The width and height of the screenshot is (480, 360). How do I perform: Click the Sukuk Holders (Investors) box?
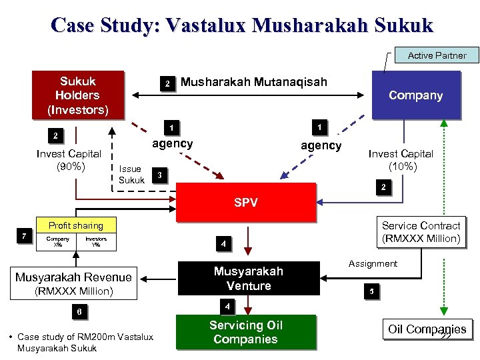tap(77, 95)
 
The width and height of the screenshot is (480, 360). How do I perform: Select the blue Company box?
tap(415, 95)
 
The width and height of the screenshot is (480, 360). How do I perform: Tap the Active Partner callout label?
tap(437, 55)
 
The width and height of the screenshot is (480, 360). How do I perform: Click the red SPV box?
tap(245, 203)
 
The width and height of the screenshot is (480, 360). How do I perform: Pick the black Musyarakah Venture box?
tap(248, 279)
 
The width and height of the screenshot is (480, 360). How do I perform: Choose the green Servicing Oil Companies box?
tap(245, 332)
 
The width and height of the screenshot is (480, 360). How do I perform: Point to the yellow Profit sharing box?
tap(75, 225)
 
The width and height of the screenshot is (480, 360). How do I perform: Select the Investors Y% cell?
tap(95, 241)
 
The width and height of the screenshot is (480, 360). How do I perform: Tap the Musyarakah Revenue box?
tap(73, 283)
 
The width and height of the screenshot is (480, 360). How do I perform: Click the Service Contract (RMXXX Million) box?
tap(421, 232)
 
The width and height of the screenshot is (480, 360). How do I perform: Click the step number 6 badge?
tap(78, 312)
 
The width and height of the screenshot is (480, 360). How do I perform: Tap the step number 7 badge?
tap(24, 236)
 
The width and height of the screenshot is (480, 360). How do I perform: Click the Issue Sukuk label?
tap(131, 174)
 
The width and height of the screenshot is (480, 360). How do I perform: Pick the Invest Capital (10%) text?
tap(401, 160)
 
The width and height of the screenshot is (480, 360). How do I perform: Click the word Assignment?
tap(373, 263)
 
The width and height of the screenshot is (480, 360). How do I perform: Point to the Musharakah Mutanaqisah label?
tap(254, 82)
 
